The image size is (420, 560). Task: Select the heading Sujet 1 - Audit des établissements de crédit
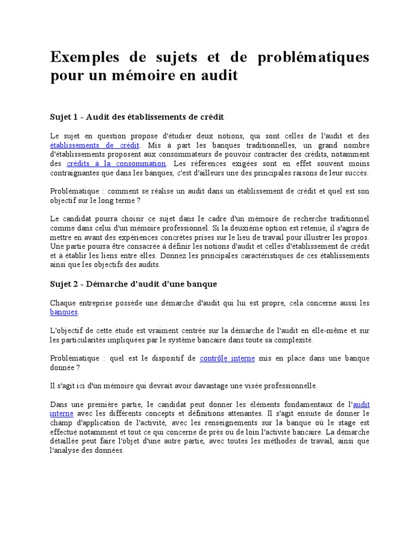point(137,117)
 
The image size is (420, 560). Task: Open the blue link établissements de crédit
point(94,145)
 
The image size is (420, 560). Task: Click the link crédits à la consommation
point(116,164)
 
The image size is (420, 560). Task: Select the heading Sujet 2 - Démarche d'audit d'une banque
point(133,284)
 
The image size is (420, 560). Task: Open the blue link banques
point(63,312)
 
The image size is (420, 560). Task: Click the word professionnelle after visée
point(283,386)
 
